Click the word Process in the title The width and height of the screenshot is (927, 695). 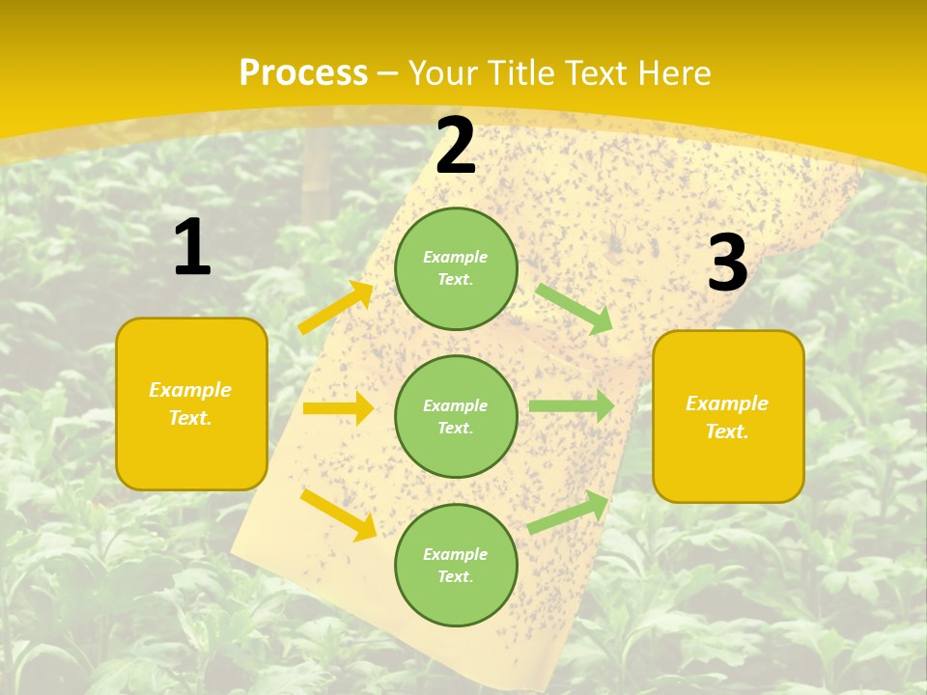(x=303, y=73)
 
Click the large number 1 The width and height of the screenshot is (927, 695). (x=192, y=248)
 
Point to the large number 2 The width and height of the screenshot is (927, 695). (x=456, y=147)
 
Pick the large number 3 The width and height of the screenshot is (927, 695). (x=727, y=264)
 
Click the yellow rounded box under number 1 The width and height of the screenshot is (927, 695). (x=191, y=403)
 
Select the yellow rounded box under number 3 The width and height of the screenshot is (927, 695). (x=728, y=416)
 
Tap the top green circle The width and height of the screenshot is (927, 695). (x=456, y=268)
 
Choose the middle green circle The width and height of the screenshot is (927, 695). (x=456, y=416)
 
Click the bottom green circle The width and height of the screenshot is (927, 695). (x=456, y=565)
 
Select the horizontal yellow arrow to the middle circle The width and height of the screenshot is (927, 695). (x=338, y=408)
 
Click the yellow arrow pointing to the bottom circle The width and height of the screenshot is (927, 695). (x=339, y=514)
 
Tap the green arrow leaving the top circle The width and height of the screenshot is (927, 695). (x=575, y=308)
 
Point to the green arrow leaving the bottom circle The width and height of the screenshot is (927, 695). (x=569, y=512)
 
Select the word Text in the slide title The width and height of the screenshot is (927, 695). (x=597, y=73)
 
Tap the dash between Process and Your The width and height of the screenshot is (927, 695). (x=388, y=73)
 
